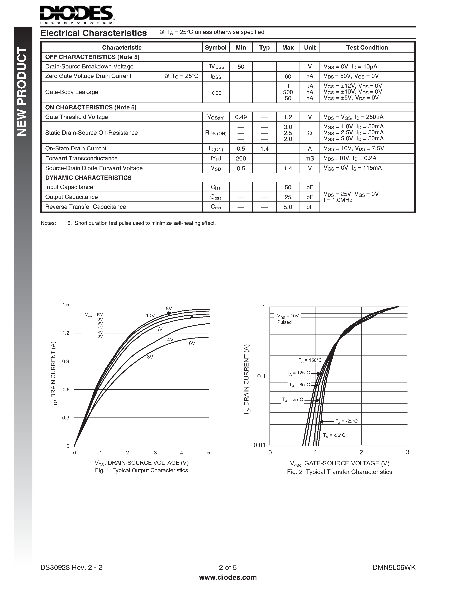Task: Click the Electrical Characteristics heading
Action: click(x=94, y=33)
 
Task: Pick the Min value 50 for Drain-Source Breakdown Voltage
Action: click(x=241, y=67)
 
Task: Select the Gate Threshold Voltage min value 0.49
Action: click(x=241, y=117)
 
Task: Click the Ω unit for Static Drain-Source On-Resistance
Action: click(x=310, y=133)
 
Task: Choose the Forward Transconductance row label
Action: click(x=81, y=158)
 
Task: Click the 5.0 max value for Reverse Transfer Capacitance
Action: click(x=288, y=207)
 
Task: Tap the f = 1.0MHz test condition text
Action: click(x=338, y=200)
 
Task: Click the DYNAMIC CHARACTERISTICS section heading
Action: click(x=88, y=178)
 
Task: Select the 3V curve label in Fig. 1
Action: click(x=150, y=357)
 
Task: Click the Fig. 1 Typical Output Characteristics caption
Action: click(x=141, y=470)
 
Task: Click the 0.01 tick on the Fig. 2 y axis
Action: click(x=259, y=445)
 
